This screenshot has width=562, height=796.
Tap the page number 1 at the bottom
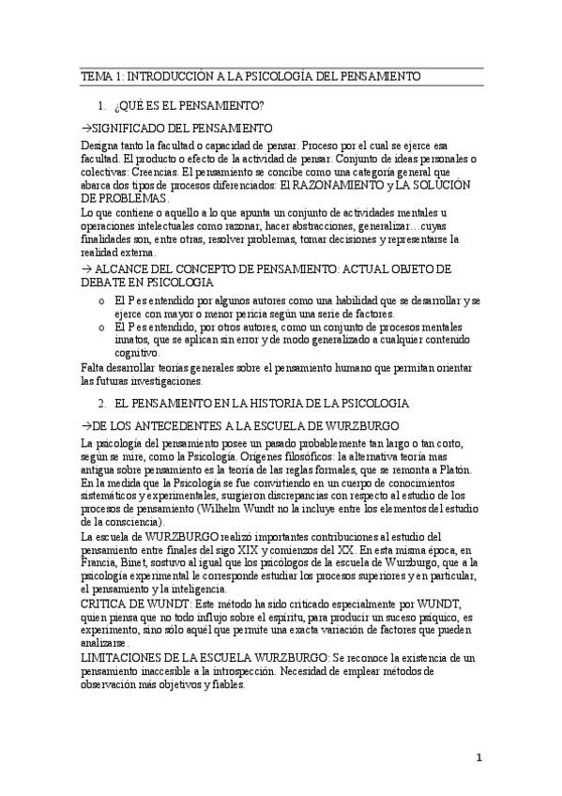(x=478, y=758)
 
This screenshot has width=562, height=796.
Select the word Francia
(x=99, y=561)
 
